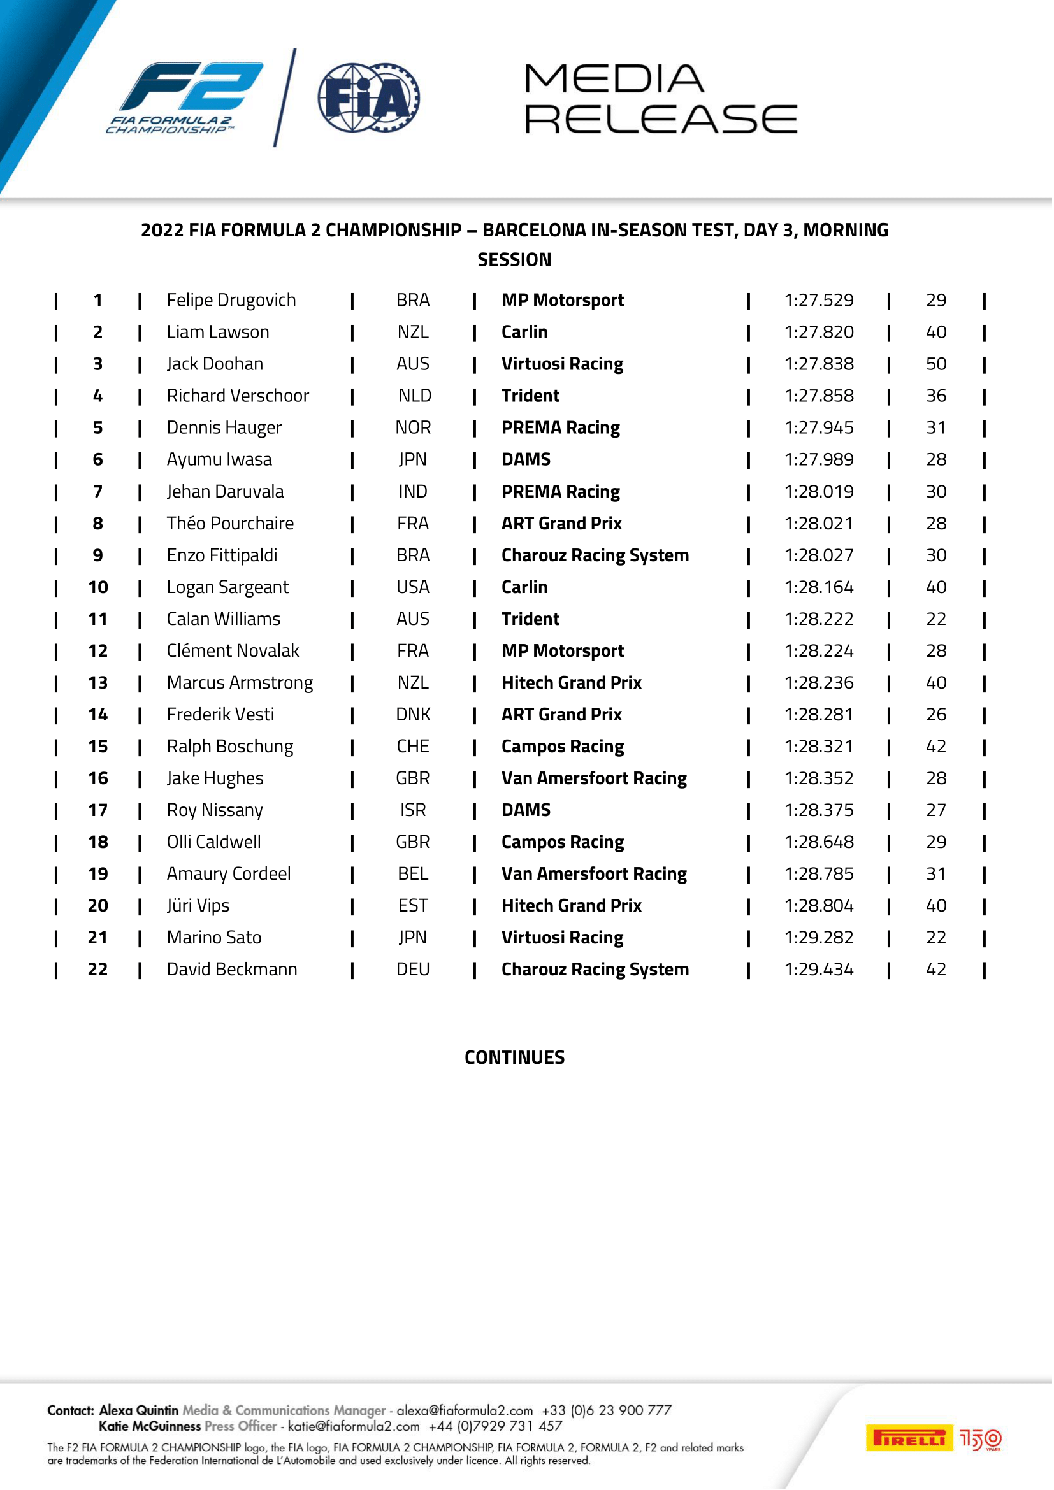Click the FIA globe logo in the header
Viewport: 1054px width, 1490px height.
tap(368, 98)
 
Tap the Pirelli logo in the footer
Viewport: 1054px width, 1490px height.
tap(910, 1439)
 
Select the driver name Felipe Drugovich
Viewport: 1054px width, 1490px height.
tap(231, 301)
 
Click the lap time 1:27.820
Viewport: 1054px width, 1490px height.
tap(819, 333)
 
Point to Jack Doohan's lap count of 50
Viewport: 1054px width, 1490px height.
tap(937, 364)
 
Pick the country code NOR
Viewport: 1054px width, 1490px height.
tap(414, 428)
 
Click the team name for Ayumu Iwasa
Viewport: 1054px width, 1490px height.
tap(526, 460)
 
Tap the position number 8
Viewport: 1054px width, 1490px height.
tap(98, 524)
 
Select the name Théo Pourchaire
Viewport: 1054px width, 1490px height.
tap(231, 524)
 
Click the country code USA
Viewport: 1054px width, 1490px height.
tap(414, 588)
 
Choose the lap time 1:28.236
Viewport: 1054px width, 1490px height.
tap(819, 684)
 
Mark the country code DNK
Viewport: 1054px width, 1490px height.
tap(414, 715)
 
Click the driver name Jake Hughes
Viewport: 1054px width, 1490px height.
tap(215, 778)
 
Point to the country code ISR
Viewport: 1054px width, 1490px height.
tap(414, 810)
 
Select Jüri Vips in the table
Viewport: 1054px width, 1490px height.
tap(198, 906)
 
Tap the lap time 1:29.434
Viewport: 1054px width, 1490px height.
tap(819, 970)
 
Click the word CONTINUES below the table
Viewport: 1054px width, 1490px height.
tap(516, 1059)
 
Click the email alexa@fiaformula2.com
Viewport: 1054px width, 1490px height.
tap(465, 1412)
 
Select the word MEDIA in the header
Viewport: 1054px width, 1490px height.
tap(614, 79)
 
